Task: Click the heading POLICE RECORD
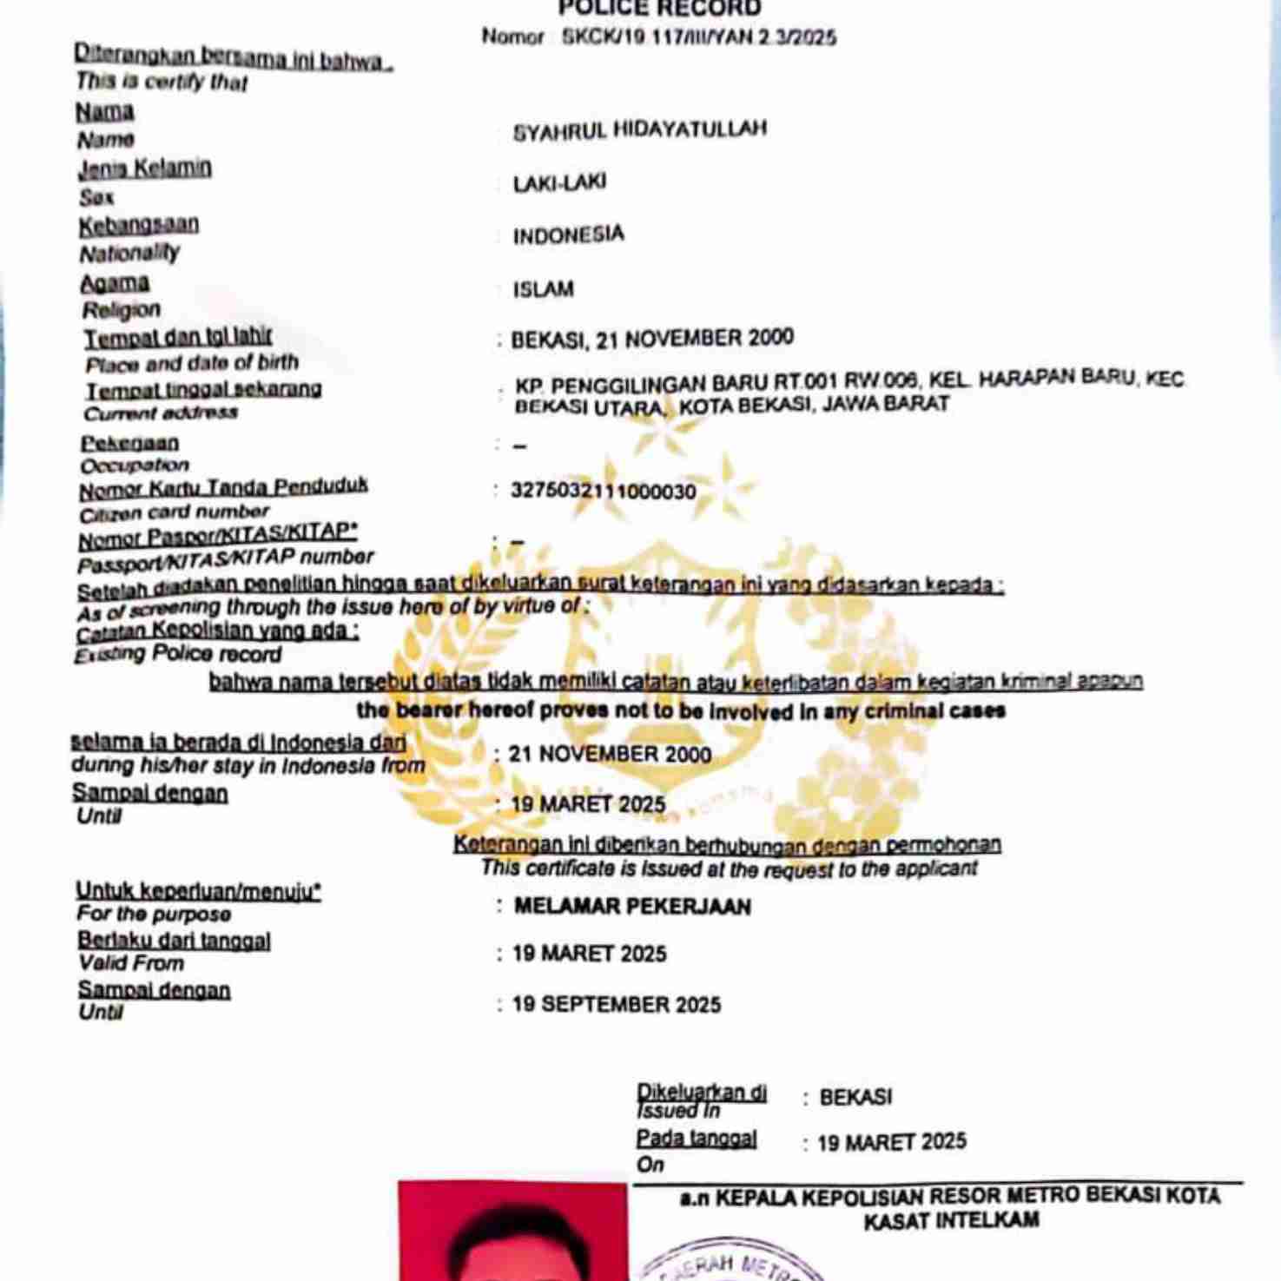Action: pyautogui.click(x=659, y=9)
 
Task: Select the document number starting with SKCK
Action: pyautogui.click(x=698, y=37)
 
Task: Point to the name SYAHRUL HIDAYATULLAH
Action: pyautogui.click(x=639, y=130)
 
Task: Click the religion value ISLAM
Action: pyautogui.click(x=543, y=289)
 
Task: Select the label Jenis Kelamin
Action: pyautogui.click(x=144, y=168)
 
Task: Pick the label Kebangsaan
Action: pyautogui.click(x=139, y=225)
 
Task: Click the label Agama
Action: pyautogui.click(x=115, y=283)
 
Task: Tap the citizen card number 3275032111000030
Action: pyautogui.click(x=604, y=492)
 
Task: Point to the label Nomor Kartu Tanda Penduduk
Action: pyautogui.click(x=223, y=488)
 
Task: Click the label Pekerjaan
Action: pyautogui.click(x=129, y=443)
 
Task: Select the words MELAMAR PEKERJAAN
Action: pyautogui.click(x=632, y=907)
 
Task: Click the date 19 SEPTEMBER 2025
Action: pyautogui.click(x=617, y=1005)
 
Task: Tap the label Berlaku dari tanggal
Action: pyautogui.click(x=174, y=941)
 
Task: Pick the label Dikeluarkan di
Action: pyautogui.click(x=701, y=1093)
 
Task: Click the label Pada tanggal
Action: pyautogui.click(x=697, y=1139)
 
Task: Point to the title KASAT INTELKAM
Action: pyautogui.click(x=951, y=1220)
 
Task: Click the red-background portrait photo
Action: pyautogui.click(x=512, y=1233)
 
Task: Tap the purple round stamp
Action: pyautogui.click(x=730, y=1264)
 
